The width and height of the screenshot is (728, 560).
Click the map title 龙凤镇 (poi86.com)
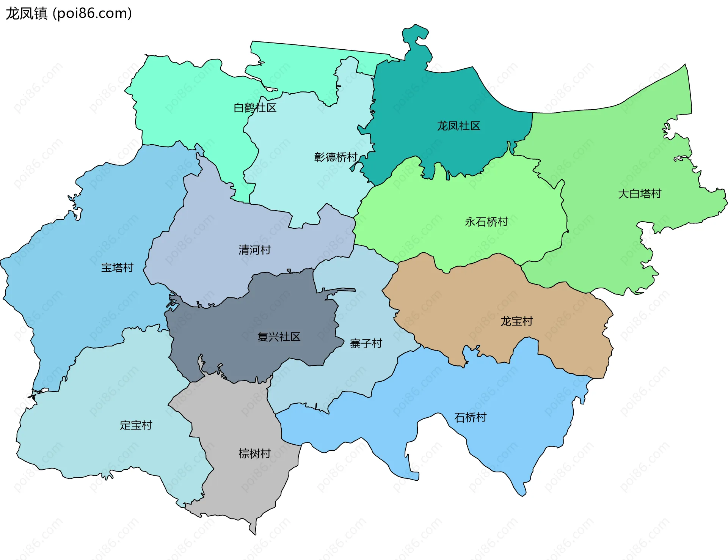click(x=69, y=13)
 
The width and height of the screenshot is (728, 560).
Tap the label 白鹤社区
click(x=255, y=108)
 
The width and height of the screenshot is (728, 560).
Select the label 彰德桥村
click(x=336, y=157)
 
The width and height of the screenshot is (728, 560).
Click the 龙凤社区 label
click(x=458, y=126)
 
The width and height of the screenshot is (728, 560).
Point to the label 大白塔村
click(x=640, y=193)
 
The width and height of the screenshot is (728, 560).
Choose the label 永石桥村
click(x=486, y=222)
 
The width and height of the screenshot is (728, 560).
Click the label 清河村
click(x=254, y=250)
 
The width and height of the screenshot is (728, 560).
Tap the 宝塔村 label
click(x=117, y=267)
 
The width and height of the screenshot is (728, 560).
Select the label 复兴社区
click(x=279, y=337)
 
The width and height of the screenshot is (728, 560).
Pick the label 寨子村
click(x=366, y=343)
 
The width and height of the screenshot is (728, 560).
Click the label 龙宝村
click(x=516, y=321)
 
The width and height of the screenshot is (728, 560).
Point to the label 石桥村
click(x=470, y=417)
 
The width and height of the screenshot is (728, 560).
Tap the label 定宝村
click(x=136, y=425)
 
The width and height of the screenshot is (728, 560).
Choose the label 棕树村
click(x=254, y=453)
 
